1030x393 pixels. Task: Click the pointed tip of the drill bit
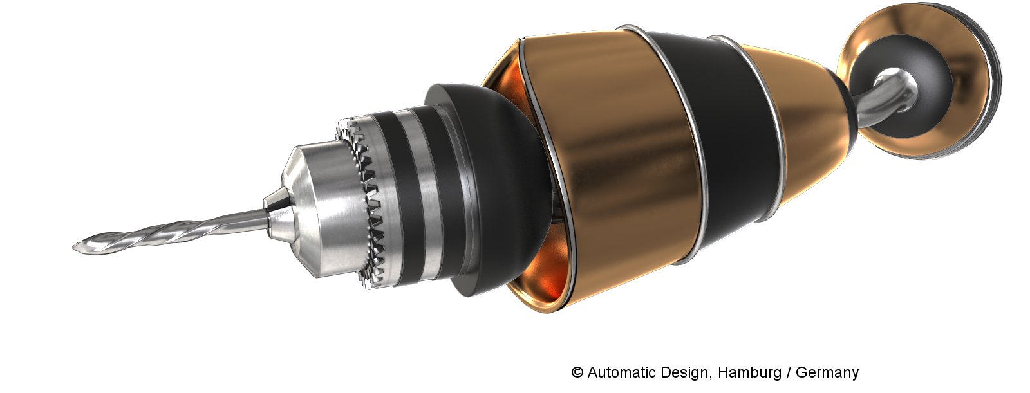point(73,247)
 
